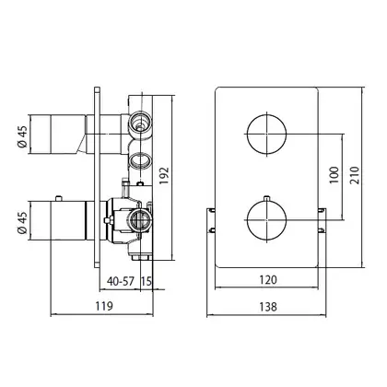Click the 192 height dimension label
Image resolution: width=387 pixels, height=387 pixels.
click(x=164, y=175)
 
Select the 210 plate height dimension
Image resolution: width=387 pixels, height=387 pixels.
click(x=355, y=175)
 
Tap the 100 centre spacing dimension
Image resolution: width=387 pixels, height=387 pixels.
click(x=334, y=175)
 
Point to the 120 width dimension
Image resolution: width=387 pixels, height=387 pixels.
click(x=268, y=280)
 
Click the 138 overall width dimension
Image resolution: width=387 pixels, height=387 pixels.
click(x=268, y=307)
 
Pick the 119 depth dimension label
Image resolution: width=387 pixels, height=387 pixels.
click(x=104, y=306)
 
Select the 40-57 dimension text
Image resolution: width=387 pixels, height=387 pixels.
click(x=121, y=281)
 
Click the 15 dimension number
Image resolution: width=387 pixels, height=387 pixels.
click(x=147, y=281)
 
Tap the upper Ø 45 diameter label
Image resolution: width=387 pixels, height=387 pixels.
click(x=22, y=136)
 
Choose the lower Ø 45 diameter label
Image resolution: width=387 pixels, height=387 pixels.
click(x=22, y=223)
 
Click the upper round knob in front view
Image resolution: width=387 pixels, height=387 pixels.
click(x=266, y=134)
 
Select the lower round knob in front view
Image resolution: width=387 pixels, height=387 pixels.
click(x=266, y=220)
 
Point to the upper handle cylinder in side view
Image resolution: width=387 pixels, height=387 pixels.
click(x=57, y=135)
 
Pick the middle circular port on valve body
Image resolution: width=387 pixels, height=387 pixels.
click(x=140, y=160)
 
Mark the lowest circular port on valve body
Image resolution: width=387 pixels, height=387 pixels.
click(x=140, y=219)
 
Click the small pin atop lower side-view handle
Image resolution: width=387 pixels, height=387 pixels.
click(x=58, y=198)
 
